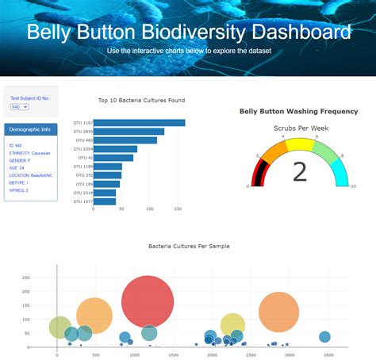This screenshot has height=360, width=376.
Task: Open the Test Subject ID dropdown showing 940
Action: [x=19, y=106]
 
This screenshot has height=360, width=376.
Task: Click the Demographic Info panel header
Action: [x=29, y=128]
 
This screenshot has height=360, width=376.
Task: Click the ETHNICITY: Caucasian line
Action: [x=30, y=153]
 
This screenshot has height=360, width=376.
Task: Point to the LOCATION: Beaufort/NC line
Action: [x=32, y=175]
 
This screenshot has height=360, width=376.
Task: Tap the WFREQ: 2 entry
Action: [x=19, y=190]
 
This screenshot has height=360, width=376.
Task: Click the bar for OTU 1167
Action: [x=139, y=123]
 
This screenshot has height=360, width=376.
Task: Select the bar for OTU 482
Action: [x=125, y=140]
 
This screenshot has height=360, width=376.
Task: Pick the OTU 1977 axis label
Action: [x=82, y=201]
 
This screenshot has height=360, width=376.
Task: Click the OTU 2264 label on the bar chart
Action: [x=82, y=149]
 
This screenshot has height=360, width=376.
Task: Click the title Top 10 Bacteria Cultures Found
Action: [x=141, y=101]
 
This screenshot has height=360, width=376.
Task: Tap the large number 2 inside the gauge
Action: [x=299, y=172]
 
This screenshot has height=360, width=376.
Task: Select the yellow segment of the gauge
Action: [x=299, y=144]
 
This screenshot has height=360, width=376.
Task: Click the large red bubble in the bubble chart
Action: [x=148, y=301]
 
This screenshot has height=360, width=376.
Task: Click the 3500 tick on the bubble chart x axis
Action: [x=328, y=354]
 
